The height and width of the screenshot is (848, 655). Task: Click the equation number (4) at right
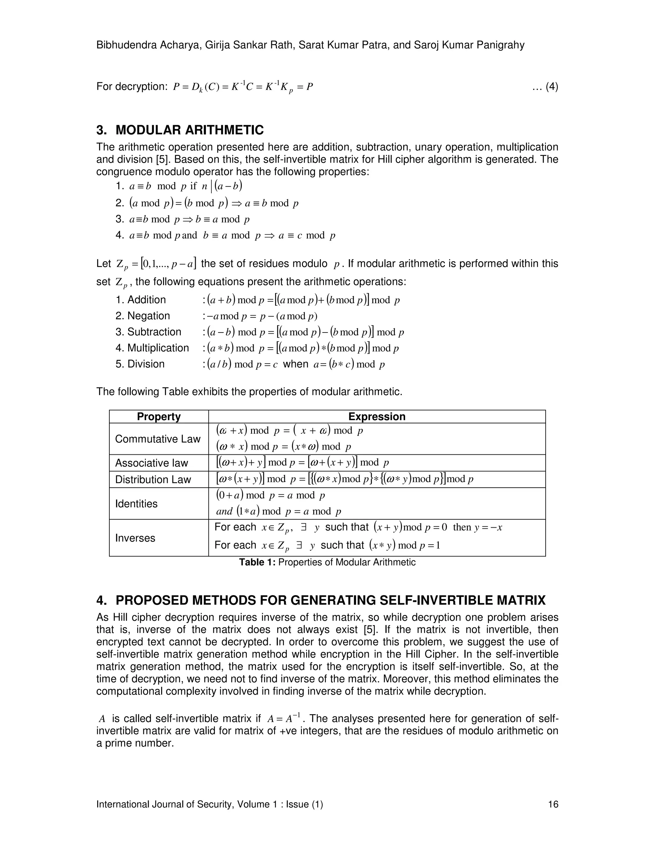coord(551,87)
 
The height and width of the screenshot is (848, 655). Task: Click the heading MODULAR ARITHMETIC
coord(189,130)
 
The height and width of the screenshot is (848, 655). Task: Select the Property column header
coord(159,417)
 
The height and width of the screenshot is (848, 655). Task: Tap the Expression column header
coord(376,417)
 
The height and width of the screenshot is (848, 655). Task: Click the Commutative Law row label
coord(158,439)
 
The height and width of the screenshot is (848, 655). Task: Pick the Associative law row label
coord(151,463)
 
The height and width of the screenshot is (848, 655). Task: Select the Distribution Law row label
coord(153,480)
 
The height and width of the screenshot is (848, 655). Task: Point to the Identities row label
coord(136,504)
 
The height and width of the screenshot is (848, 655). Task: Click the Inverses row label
coord(135,538)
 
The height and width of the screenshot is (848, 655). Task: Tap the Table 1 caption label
coord(257,562)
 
